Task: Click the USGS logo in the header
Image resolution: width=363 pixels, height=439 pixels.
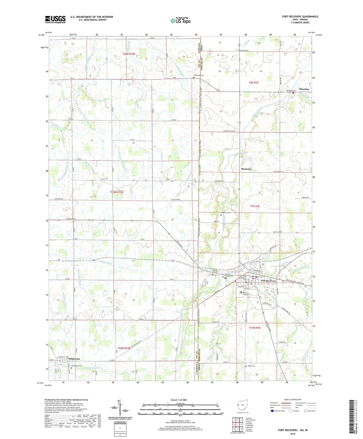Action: [x=55, y=19]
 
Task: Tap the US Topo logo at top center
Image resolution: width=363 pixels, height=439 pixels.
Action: [x=180, y=21]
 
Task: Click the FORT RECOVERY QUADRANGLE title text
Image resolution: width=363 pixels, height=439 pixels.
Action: [x=300, y=17]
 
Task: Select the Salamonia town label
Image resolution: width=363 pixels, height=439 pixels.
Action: [x=72, y=359]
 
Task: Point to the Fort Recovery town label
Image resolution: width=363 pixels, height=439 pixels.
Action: [x=268, y=281]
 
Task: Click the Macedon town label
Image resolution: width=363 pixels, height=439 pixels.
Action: [x=304, y=89]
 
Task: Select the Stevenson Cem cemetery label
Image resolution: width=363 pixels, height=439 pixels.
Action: [x=198, y=75]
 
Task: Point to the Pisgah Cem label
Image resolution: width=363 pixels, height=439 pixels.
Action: [x=251, y=366]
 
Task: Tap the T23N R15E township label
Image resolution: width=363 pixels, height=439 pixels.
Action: [x=117, y=192]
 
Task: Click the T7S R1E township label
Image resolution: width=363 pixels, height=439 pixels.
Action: [x=255, y=206]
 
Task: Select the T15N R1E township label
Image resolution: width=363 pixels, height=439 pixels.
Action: [x=255, y=328]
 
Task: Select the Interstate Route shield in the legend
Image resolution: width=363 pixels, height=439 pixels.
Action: [x=273, y=411]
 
